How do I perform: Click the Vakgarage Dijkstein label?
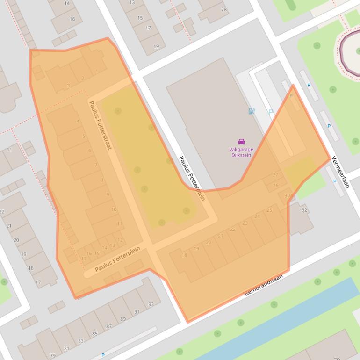(x=241, y=152)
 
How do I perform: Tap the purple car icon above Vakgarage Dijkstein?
(x=241, y=142)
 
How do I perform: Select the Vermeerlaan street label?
(x=340, y=172)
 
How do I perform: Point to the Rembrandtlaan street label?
(x=264, y=285)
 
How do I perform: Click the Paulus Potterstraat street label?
(x=100, y=125)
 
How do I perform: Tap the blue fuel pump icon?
(x=252, y=111)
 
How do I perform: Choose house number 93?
(x=151, y=304)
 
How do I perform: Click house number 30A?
(x=288, y=196)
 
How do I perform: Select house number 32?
(x=304, y=210)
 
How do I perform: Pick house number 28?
(x=224, y=10)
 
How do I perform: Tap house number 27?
(x=275, y=175)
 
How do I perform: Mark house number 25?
(x=269, y=210)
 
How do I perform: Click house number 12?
(x=120, y=240)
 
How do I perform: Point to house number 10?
(x=114, y=209)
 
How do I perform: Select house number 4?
(x=78, y=122)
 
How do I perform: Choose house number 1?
(x=97, y=71)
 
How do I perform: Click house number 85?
(x=95, y=334)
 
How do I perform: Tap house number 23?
(x=245, y=223)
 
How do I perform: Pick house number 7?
(x=96, y=165)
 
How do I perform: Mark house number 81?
(x=66, y=348)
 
